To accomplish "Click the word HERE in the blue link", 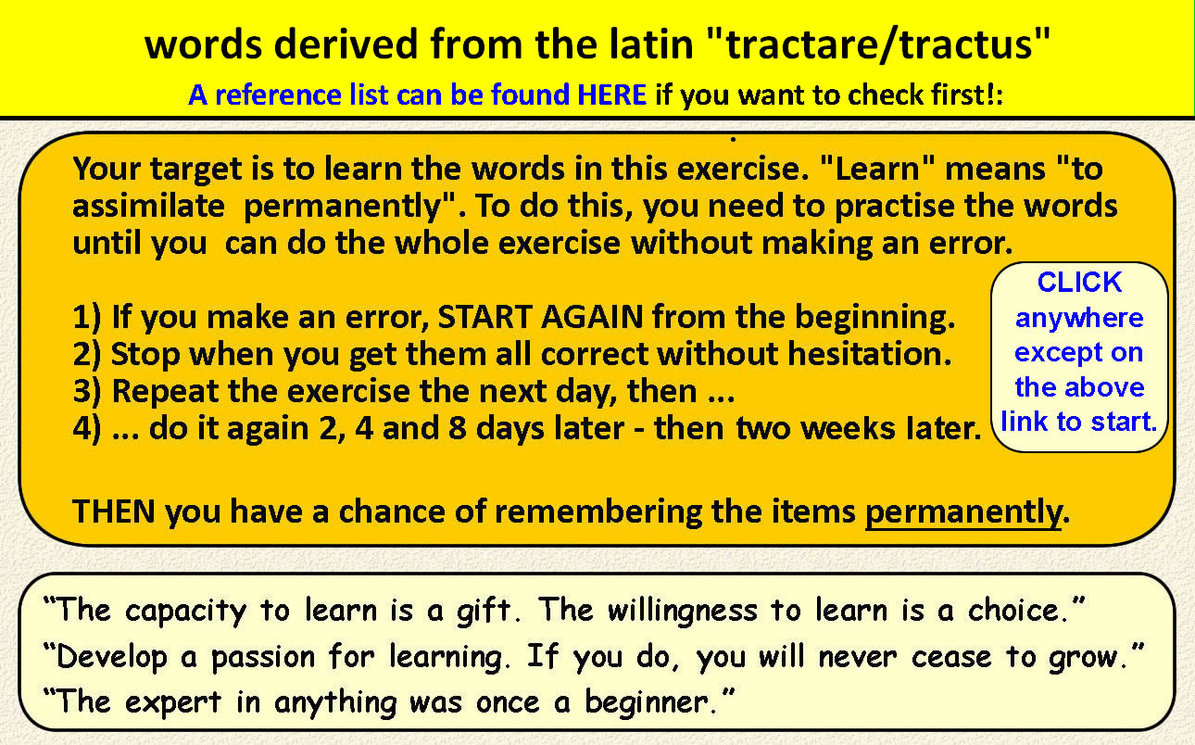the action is point(612,95).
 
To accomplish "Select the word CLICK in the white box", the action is point(1079,282).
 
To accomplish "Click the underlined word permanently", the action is point(963,512).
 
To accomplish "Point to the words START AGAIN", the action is point(540,317).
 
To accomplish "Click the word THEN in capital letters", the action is point(114,511).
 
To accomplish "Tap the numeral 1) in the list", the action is point(87,317).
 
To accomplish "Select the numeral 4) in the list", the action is point(87,428).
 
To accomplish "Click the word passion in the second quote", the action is point(263,657).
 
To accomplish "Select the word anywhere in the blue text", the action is point(1079,319).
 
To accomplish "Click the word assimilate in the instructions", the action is point(148,206).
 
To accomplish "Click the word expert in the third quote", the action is point(173,702).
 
